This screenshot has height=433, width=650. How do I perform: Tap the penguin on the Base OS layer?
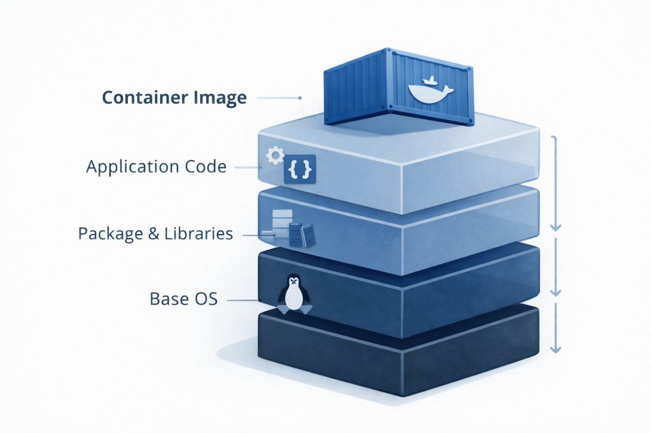click(x=294, y=294)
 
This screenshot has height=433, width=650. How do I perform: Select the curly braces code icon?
click(x=300, y=169)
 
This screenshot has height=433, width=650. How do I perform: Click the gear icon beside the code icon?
click(x=275, y=155)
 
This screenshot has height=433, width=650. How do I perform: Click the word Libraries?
click(x=198, y=234)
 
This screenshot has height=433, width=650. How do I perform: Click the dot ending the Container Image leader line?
click(x=300, y=98)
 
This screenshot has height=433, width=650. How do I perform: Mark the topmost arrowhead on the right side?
click(x=556, y=227)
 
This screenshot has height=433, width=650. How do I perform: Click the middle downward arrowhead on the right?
click(x=556, y=292)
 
